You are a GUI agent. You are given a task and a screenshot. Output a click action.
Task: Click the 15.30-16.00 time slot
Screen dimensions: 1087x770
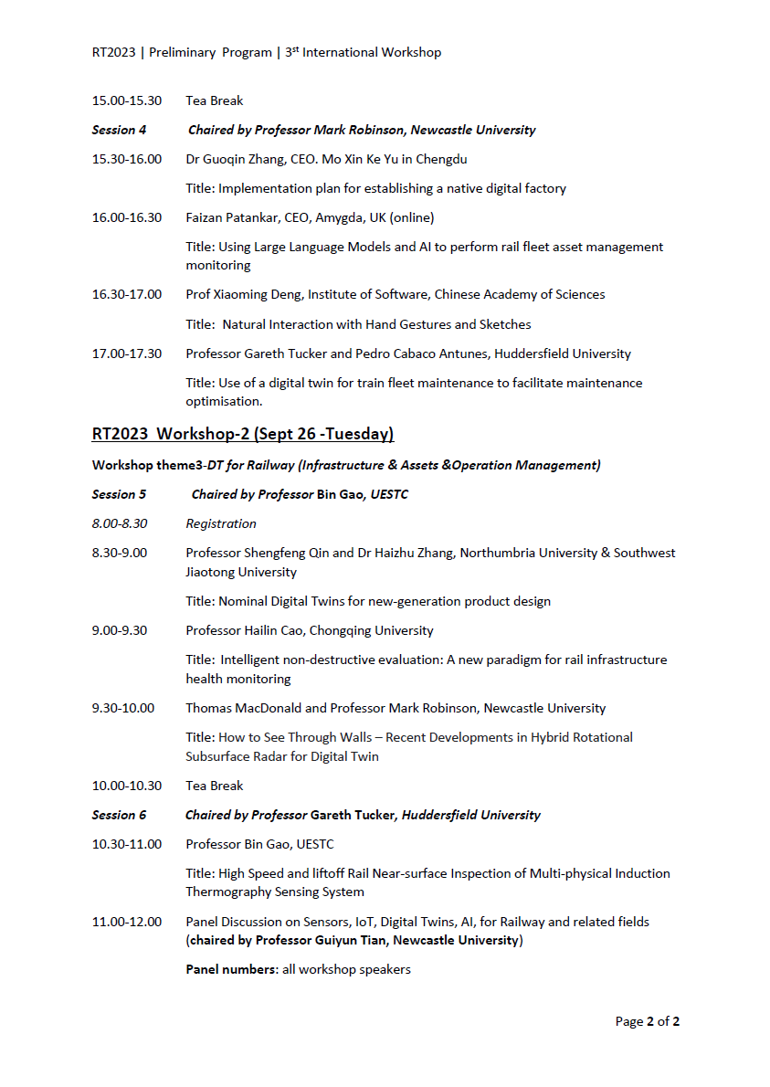coord(126,159)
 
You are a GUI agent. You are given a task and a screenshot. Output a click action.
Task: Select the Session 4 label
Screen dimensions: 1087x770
coord(119,130)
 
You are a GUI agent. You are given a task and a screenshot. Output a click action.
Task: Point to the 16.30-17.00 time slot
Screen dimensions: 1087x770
coord(126,294)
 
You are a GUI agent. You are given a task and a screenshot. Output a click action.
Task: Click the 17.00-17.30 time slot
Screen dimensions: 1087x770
coord(126,354)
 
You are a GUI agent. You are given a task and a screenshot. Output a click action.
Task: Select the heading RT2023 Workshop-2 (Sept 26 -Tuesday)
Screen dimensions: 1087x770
coord(242,433)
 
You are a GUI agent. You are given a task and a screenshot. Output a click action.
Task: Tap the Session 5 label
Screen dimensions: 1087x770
coord(119,494)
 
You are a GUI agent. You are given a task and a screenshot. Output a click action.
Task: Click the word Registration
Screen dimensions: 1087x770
coord(221,523)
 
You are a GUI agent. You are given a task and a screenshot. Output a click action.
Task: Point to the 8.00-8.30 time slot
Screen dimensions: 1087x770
coord(119,523)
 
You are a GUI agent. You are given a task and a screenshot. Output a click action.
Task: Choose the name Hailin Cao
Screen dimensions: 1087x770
coord(280,630)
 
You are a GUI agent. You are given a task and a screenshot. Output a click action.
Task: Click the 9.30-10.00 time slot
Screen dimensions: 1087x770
coord(122,708)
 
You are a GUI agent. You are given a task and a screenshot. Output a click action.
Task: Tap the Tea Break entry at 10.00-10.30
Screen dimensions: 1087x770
coord(214,786)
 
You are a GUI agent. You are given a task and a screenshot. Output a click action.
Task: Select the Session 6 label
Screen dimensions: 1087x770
coord(119,815)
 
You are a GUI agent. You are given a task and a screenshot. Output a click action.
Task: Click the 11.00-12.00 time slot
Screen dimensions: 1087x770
coord(126,922)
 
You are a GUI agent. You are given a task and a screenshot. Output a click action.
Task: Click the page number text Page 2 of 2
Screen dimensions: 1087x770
coord(647,1021)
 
